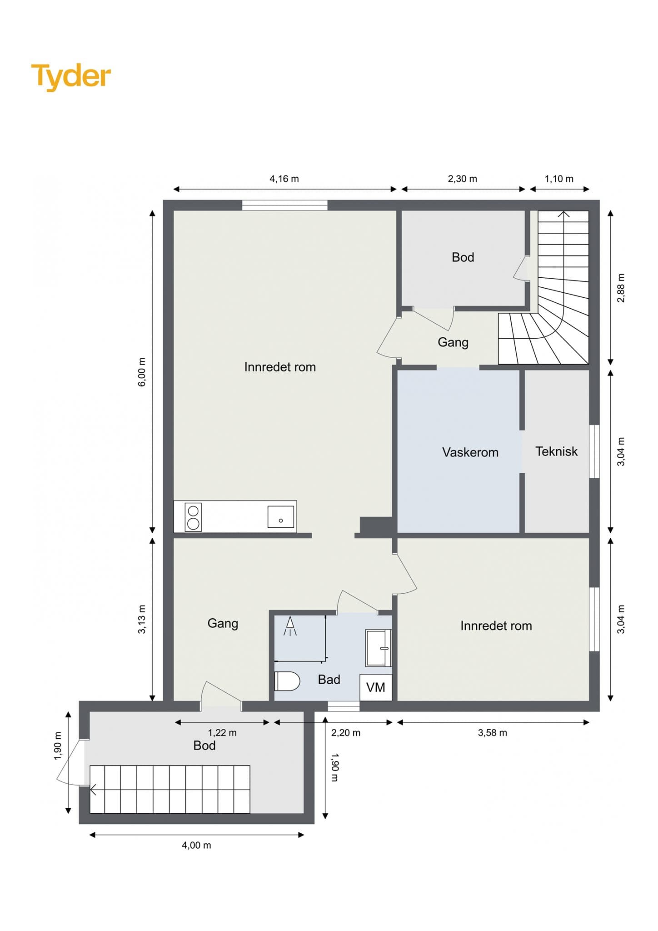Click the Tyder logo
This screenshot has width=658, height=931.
71,76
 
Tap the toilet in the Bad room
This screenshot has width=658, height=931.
287,681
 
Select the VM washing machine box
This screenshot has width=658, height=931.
376,687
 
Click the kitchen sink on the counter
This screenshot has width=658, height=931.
280,516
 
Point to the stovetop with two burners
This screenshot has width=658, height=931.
193,517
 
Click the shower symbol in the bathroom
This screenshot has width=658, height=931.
290,626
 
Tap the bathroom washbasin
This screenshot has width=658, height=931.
379,648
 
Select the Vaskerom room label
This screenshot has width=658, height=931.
470,452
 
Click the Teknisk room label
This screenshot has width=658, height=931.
557,451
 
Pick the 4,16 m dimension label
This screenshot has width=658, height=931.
284,179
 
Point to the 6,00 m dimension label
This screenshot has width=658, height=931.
142,372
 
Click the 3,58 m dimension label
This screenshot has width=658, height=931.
493,733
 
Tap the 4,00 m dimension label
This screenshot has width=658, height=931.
196,845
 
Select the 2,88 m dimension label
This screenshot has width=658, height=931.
621,288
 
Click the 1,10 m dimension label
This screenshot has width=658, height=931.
559,179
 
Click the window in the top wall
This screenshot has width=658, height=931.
284,205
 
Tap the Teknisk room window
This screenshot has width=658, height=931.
594,451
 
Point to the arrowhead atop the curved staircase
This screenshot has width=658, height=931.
564,214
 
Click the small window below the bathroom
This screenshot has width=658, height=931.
344,706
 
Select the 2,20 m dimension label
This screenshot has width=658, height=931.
346,733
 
